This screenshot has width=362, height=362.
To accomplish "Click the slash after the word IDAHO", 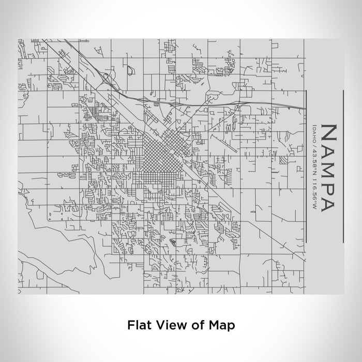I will [313, 143].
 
